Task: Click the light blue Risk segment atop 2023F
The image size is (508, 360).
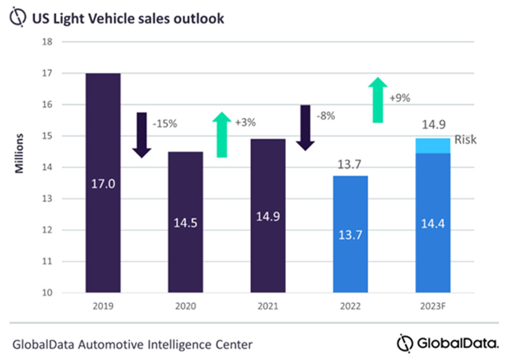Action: coord(432,145)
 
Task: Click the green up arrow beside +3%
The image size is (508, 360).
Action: coord(222,134)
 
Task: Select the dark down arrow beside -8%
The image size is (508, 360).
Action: coord(305,128)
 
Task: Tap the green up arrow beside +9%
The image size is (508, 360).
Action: coord(378,100)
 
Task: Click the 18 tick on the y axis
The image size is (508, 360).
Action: coord(65,42)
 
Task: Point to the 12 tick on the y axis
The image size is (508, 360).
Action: coord(65,230)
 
